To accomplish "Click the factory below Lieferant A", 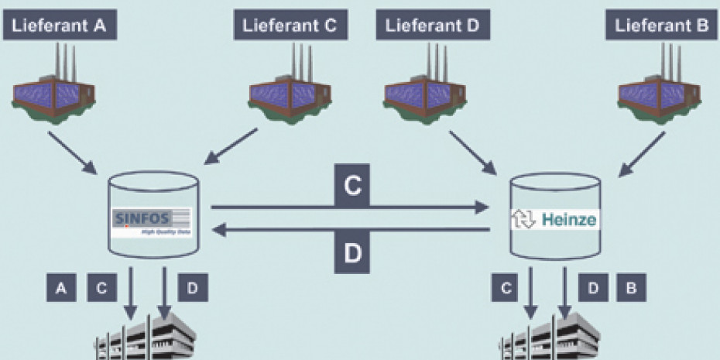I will pos(53,94).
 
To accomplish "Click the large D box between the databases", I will pos(352,253).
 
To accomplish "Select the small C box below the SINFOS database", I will pos(101,288).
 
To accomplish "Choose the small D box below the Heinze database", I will pos(592,288).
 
